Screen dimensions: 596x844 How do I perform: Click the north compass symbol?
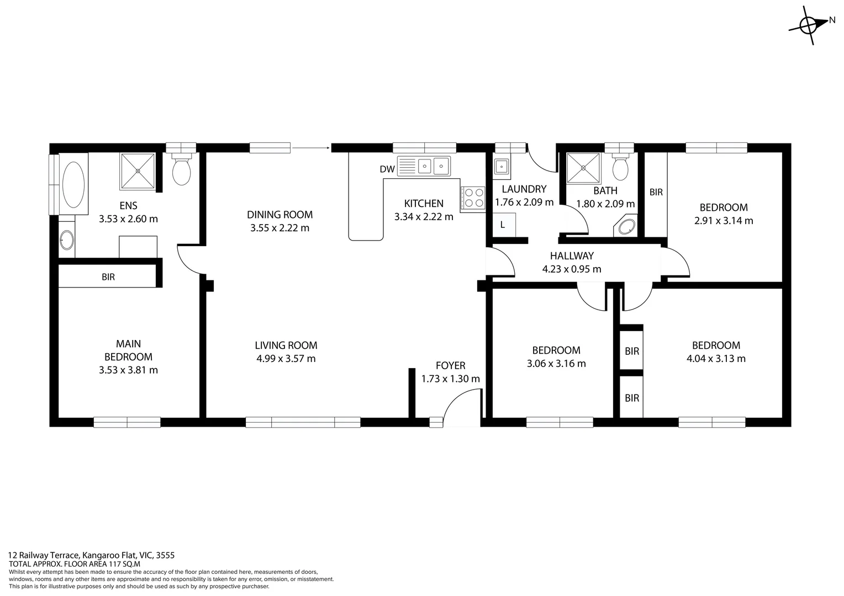point(809,25)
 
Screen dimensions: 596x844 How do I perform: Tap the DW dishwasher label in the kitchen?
point(387,169)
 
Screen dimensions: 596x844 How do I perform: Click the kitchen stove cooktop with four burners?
point(472,198)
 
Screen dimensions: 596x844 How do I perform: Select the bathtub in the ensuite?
point(73,184)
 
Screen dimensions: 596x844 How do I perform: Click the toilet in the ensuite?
point(181,170)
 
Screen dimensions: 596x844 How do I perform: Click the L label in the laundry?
point(503,225)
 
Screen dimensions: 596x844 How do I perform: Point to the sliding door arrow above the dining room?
point(311,147)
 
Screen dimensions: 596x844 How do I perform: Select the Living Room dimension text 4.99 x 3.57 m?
point(286,359)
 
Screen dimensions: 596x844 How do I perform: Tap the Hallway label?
point(572,256)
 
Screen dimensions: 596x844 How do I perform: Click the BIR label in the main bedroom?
point(108,277)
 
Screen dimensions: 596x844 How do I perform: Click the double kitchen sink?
point(432,165)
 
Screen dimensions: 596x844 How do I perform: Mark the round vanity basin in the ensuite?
point(66,240)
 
